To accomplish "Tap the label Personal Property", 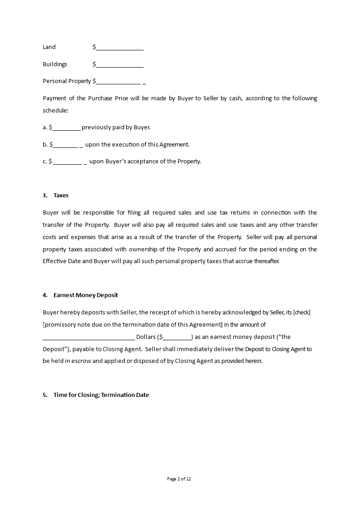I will point(67,81).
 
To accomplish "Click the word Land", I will point(49,47).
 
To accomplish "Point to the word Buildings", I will point(55,64).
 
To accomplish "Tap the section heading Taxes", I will point(61,196).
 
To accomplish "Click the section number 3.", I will point(45,196).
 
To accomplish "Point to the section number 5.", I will point(45,395).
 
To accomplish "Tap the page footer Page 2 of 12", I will point(180,479).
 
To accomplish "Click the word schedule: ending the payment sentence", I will point(55,110).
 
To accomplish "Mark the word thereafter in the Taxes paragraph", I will point(265,261).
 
